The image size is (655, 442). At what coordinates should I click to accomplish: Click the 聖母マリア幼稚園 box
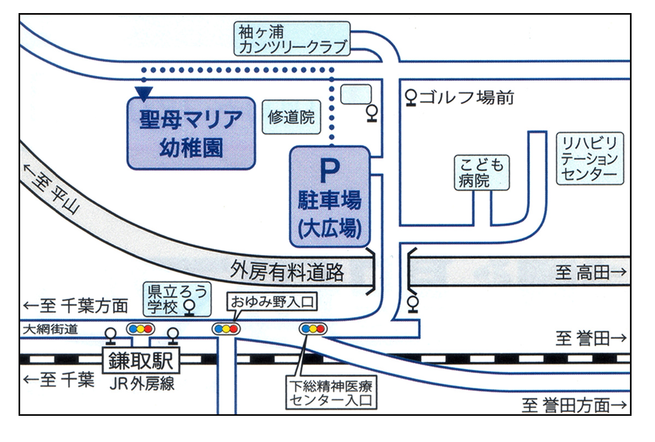pyautogui.click(x=191, y=133)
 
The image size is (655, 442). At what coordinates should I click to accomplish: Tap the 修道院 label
pyautogui.click(x=291, y=117)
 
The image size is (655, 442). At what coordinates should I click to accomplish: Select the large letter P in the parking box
pyautogui.click(x=330, y=171)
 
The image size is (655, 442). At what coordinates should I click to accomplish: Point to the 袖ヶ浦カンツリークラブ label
pyautogui.click(x=293, y=39)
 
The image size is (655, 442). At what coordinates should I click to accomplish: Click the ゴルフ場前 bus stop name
pyautogui.click(x=467, y=98)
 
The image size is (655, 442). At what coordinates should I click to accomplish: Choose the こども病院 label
pyautogui.click(x=481, y=173)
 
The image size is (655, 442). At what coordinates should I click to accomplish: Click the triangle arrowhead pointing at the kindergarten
pyautogui.click(x=144, y=93)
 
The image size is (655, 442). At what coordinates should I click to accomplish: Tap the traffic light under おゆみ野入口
pyautogui.click(x=225, y=328)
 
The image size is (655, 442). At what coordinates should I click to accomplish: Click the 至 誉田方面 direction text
pyautogui.click(x=573, y=405)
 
